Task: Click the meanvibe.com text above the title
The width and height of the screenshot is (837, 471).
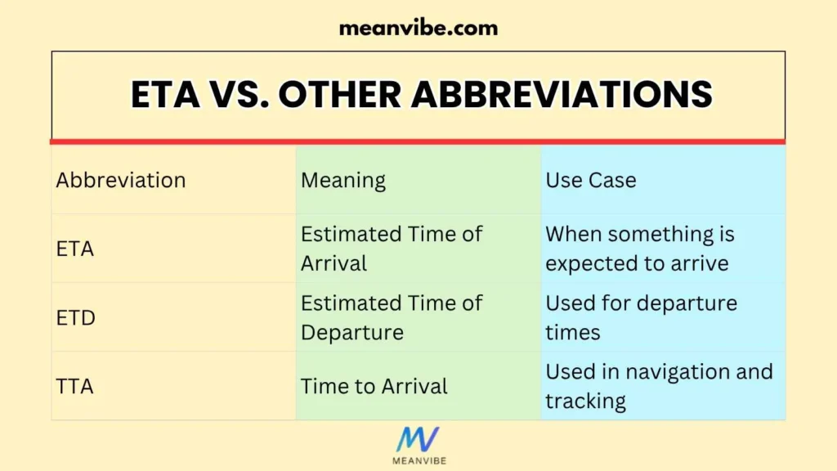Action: pyautogui.click(x=418, y=28)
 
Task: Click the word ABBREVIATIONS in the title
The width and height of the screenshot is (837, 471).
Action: pyautogui.click(x=562, y=95)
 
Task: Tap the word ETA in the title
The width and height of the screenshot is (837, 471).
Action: pyautogui.click(x=164, y=95)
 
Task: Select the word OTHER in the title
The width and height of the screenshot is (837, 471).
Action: pyautogui.click(x=340, y=95)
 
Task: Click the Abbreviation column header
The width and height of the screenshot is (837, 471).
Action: pyautogui.click(x=121, y=180)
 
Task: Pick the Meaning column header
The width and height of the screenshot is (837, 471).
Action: pyautogui.click(x=343, y=180)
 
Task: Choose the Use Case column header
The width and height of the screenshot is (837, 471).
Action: pyautogui.click(x=591, y=180)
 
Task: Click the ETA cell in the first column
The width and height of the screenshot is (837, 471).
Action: pyautogui.click(x=75, y=249)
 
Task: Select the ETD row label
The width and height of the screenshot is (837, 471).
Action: pyautogui.click(x=76, y=317)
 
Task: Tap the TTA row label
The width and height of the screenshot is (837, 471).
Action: pyautogui.click(x=75, y=386)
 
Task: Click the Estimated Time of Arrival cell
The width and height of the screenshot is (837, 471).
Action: pyautogui.click(x=392, y=249)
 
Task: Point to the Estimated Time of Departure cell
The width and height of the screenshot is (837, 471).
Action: pyautogui.click(x=392, y=317)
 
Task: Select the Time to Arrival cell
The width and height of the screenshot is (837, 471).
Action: pyautogui.click(x=374, y=386)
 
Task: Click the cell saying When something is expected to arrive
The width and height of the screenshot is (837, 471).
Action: pyautogui.click(x=640, y=249)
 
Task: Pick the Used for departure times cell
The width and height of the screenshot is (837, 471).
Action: pyautogui.click(x=641, y=317)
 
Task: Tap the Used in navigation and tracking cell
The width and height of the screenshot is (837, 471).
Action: pyautogui.click(x=659, y=386)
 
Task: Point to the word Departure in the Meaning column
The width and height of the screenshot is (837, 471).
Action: pyautogui.click(x=352, y=333)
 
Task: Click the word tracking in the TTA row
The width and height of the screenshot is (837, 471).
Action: pyautogui.click(x=586, y=401)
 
